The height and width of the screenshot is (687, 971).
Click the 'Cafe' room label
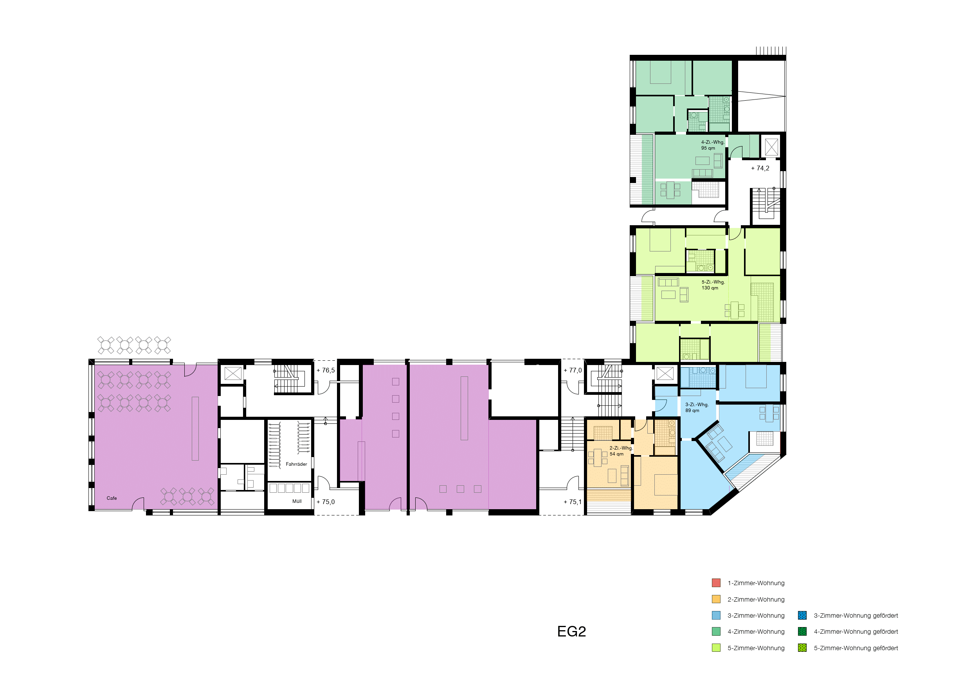[112, 498]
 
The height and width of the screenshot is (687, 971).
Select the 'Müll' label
[297, 501]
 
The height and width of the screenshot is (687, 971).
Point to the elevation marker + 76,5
[325, 371]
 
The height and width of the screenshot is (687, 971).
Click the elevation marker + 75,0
[325, 502]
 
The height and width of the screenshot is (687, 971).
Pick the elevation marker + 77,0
[573, 371]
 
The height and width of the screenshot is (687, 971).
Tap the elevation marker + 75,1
[573, 502]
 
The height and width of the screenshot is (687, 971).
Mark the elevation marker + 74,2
[760, 168]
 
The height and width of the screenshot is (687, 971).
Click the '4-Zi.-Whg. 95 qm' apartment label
[713, 145]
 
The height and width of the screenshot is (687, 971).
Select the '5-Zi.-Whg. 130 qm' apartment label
[713, 285]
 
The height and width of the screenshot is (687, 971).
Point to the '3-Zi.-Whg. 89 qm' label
[697, 408]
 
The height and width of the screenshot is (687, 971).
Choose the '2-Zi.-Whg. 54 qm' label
[621, 451]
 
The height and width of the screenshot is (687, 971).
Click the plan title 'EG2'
[571, 631]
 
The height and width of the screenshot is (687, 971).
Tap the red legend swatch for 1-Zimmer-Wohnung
[716, 583]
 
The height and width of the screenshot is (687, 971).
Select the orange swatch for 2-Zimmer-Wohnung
[716, 599]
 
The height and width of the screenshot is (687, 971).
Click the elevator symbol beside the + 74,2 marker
[771, 147]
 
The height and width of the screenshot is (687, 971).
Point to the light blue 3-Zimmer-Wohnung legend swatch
[716, 615]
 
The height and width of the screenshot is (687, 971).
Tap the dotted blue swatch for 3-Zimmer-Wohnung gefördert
[802, 615]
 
